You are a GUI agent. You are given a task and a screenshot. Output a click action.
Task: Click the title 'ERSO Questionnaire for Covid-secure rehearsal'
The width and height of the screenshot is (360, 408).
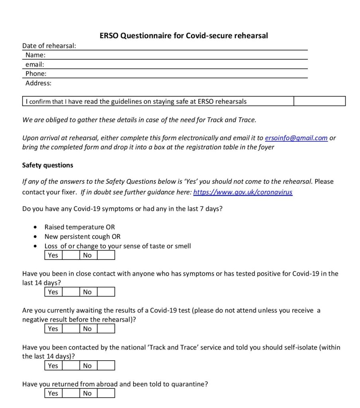click(183, 36)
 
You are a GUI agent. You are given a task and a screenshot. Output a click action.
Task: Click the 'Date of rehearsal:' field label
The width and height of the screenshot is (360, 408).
click(49, 46)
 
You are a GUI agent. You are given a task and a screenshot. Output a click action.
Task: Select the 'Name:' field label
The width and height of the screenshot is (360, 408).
click(35, 55)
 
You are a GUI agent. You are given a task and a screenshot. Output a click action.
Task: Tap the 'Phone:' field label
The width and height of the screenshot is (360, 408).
click(36, 74)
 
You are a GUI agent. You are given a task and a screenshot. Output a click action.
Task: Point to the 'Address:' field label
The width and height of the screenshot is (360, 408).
click(38, 83)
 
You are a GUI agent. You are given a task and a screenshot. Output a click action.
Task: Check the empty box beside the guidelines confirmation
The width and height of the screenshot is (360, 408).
click(319, 101)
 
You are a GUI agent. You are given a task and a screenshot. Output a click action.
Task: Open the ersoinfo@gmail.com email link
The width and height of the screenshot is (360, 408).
click(296, 138)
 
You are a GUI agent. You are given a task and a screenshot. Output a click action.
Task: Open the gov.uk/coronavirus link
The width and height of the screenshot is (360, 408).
click(243, 192)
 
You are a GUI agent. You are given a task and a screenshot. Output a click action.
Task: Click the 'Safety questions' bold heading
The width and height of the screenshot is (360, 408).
click(47, 165)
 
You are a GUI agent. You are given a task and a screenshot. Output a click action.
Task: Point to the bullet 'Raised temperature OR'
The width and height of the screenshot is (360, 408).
click(79, 227)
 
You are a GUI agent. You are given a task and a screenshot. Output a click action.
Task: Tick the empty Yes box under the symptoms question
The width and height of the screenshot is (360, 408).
click(71, 255)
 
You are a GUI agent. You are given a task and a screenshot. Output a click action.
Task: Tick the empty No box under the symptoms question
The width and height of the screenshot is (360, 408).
click(106, 255)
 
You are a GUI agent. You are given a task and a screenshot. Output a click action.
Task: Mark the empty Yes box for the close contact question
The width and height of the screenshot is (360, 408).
click(71, 292)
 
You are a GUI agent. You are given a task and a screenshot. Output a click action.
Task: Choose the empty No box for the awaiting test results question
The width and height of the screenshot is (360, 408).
click(106, 329)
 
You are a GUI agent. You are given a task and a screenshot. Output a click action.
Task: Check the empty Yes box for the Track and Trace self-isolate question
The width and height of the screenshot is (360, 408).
click(71, 366)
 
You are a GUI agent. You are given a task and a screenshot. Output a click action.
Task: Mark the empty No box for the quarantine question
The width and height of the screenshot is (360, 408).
click(106, 393)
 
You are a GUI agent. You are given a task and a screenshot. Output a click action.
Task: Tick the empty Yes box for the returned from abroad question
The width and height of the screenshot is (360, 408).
click(71, 393)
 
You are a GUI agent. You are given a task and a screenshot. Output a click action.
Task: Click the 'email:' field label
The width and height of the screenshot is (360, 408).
click(35, 65)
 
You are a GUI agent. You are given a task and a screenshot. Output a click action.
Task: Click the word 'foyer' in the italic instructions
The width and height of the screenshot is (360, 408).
click(266, 147)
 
